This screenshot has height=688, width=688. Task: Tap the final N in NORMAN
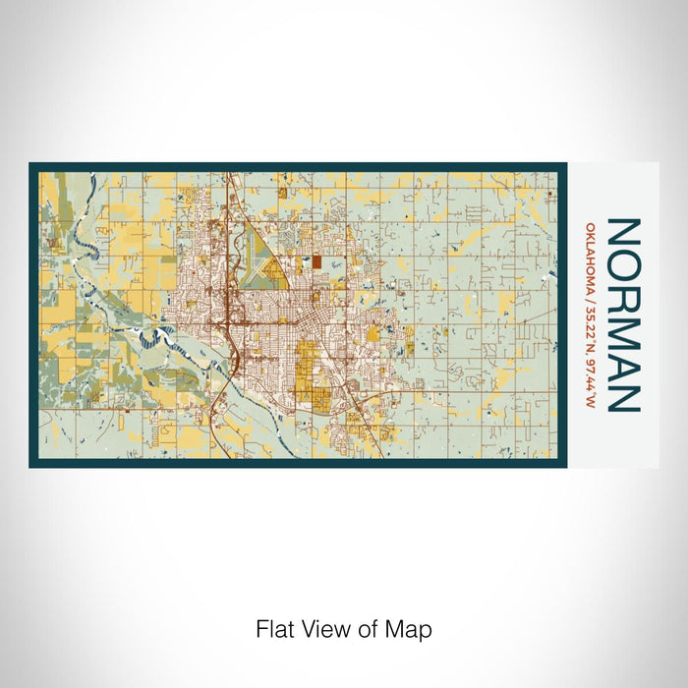tap(625, 395)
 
